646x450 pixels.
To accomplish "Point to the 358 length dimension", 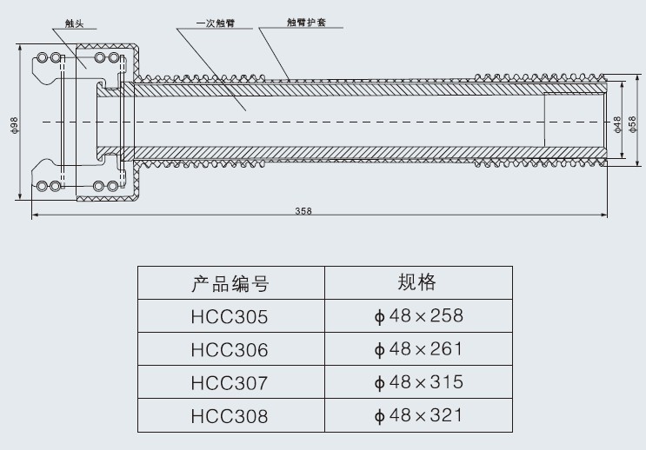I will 303,211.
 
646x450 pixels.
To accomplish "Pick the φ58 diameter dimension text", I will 632,122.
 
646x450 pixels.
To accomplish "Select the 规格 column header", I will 416,282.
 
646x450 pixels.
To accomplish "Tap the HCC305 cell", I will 230,317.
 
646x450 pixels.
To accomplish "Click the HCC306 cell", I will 230,350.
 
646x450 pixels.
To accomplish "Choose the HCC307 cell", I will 230,383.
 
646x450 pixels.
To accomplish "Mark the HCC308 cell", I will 230,416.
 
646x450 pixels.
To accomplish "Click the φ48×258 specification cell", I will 418,315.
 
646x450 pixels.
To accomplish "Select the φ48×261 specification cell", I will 418,349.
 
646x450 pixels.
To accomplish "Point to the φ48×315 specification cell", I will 418,382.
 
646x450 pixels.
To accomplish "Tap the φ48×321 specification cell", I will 418,415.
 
